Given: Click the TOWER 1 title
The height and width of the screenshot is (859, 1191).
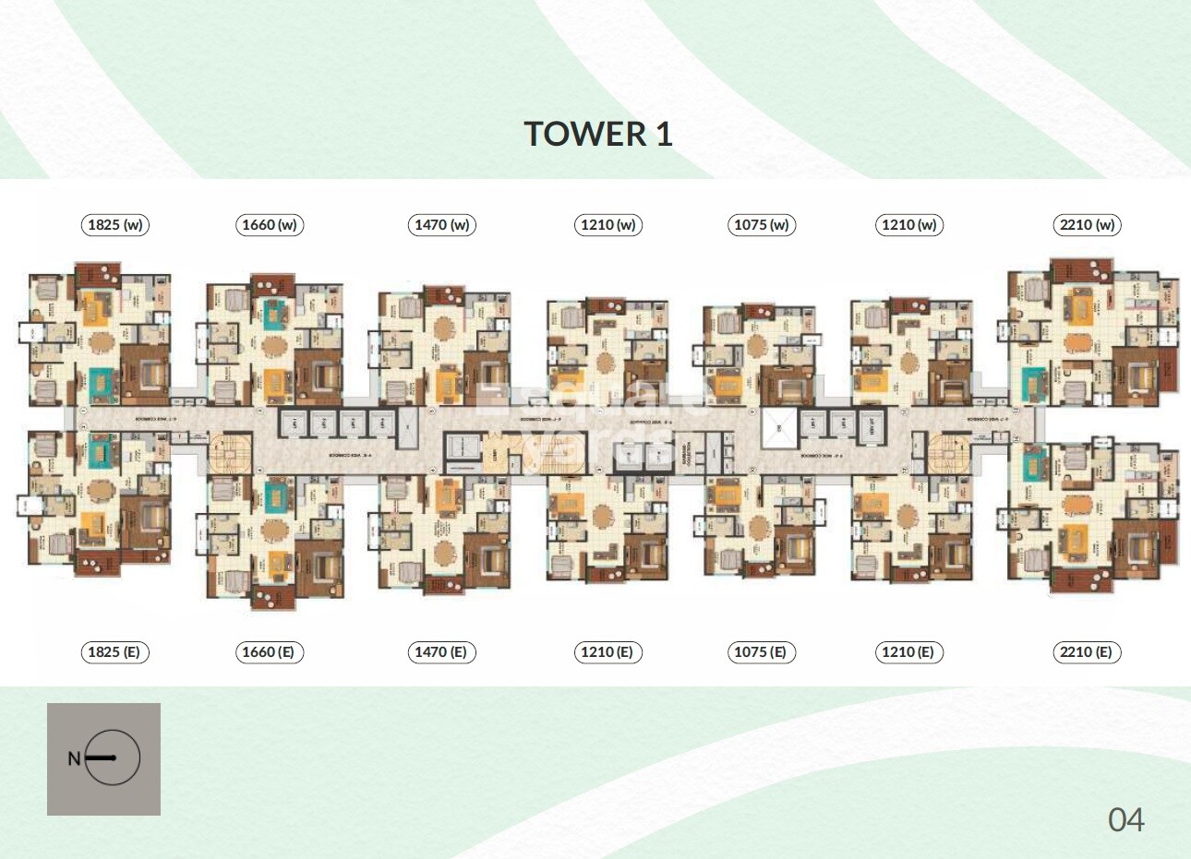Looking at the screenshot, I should (x=598, y=134).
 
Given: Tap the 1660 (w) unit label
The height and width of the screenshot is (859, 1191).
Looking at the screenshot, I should (x=271, y=225).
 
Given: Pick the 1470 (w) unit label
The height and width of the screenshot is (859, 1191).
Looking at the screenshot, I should (x=442, y=225).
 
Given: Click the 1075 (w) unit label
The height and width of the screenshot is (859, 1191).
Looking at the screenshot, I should (x=762, y=225).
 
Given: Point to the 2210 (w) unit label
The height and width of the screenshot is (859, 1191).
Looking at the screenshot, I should (x=1088, y=225).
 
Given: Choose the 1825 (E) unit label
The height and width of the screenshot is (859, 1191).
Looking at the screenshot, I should (x=114, y=652).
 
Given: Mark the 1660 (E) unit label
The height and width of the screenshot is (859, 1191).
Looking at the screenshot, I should (x=269, y=652).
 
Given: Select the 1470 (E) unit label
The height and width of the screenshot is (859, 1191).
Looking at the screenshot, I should (x=440, y=652).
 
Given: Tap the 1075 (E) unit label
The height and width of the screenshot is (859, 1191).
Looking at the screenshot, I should (x=760, y=652).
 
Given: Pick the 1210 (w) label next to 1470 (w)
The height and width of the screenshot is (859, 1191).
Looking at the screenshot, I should (x=608, y=225).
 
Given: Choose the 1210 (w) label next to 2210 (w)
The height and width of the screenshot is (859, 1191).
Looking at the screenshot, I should (x=909, y=225).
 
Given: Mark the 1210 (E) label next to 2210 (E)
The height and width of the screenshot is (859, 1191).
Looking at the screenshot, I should (x=908, y=652).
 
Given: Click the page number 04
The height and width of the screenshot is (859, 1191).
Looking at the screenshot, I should (x=1126, y=819).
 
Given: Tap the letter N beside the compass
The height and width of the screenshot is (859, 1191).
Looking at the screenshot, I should (x=74, y=759).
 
